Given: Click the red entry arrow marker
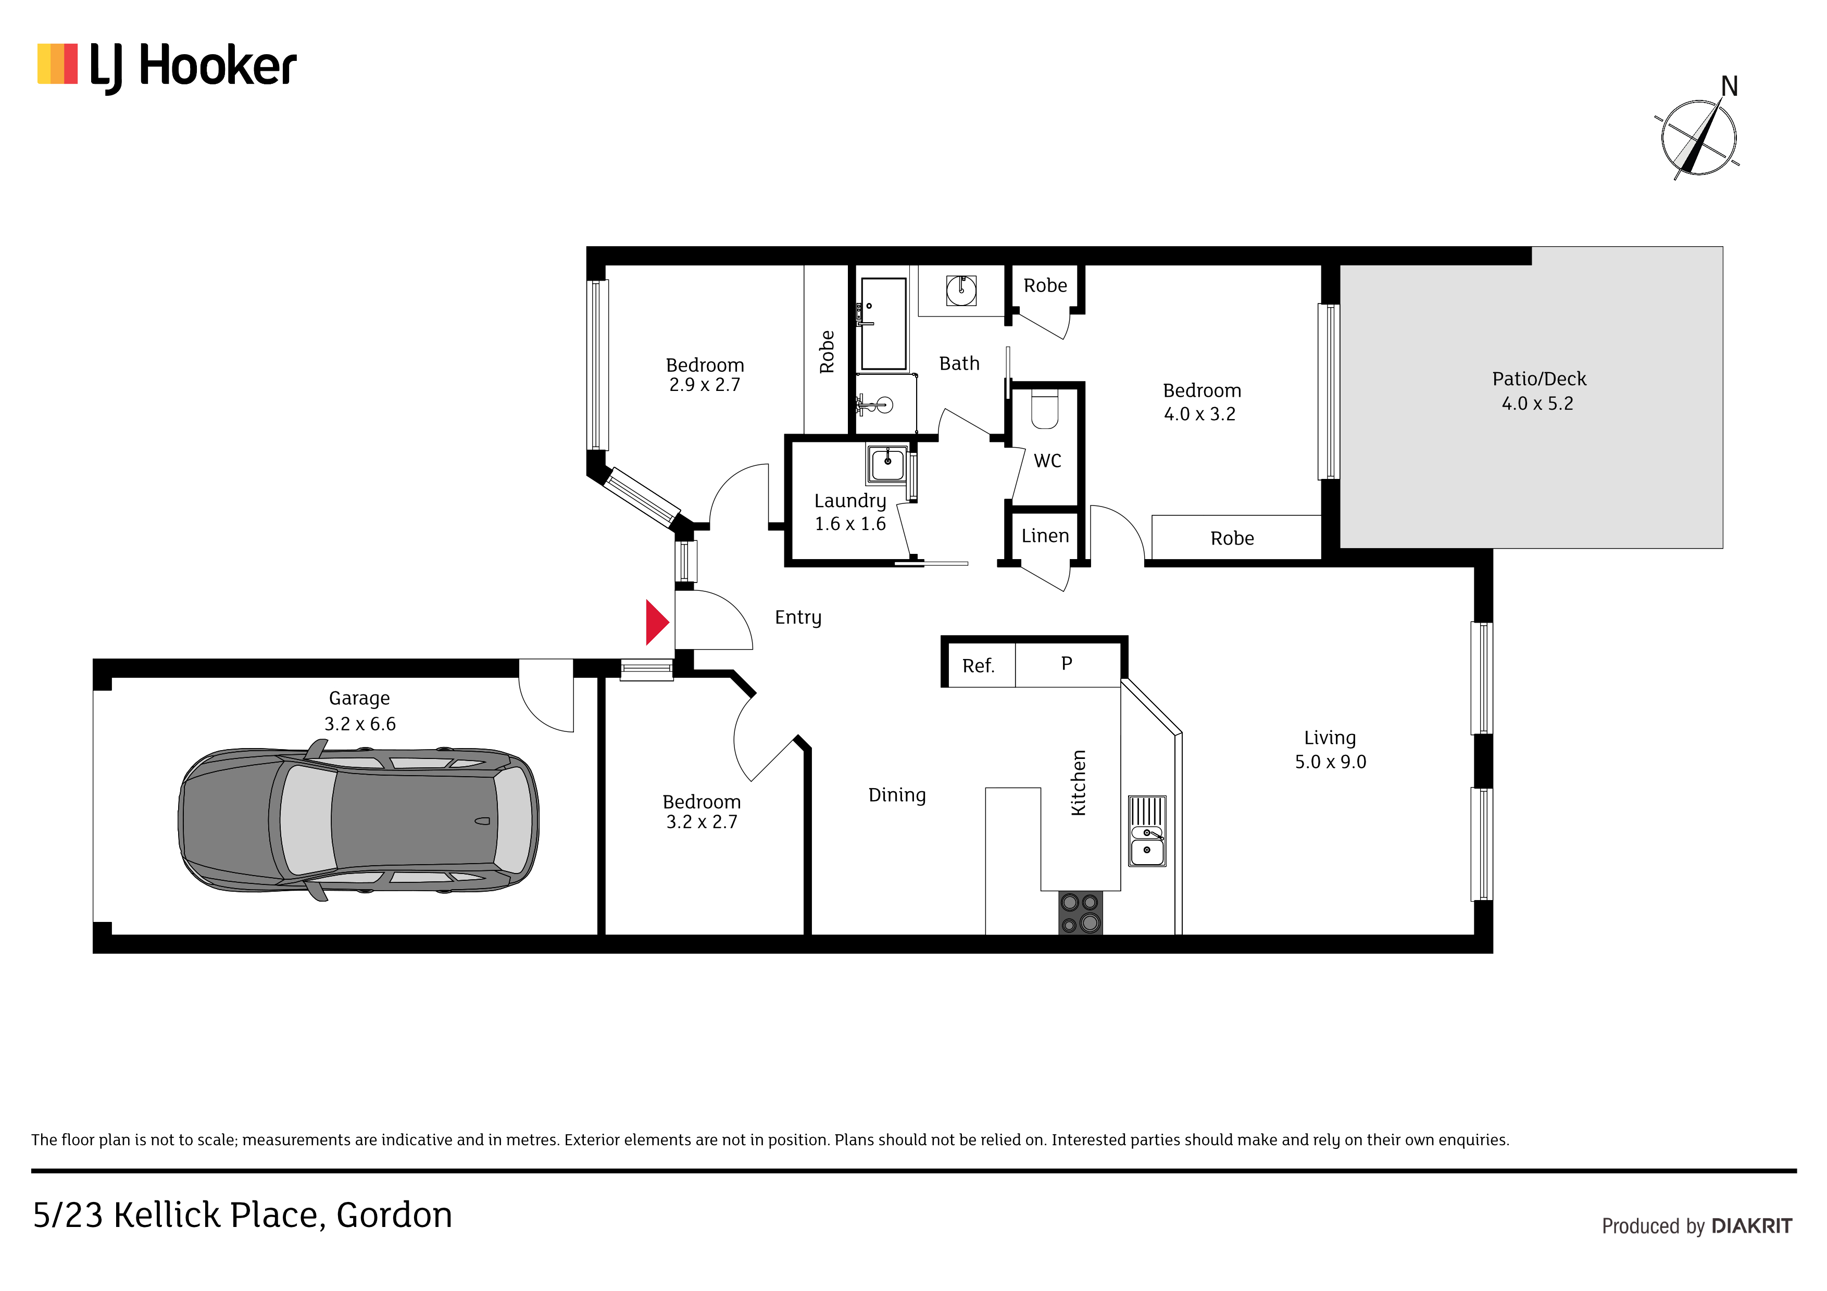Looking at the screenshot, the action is (x=656, y=622).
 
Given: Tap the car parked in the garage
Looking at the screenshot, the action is (x=358, y=820).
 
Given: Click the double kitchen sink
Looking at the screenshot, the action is (x=1147, y=831).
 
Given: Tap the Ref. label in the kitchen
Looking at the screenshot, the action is (x=978, y=666).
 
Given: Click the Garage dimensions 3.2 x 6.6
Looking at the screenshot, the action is (x=360, y=724).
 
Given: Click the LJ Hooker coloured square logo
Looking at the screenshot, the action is (x=57, y=64).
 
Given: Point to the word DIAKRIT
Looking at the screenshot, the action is (x=1751, y=1226).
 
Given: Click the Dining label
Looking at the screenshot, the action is (x=897, y=795).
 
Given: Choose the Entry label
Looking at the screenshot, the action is (x=798, y=618).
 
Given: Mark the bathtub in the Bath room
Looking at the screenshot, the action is (x=883, y=324).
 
